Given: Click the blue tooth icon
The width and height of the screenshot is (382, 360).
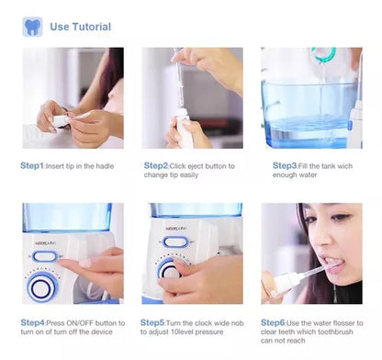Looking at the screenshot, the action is pos(32,27).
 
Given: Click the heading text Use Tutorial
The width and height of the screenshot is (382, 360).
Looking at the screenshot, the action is pos(81,27).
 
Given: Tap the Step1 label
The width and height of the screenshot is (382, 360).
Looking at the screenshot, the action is pos(32,165).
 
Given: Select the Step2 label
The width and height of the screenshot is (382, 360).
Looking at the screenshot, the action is pos(156,165).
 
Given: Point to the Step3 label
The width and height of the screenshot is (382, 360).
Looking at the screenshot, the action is pos(285,165).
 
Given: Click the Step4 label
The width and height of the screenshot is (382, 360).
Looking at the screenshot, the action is pos(33,322).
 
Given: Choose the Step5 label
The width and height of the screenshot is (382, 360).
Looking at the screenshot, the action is pos(152,322).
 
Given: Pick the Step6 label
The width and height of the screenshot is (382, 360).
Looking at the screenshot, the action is pos(273,322).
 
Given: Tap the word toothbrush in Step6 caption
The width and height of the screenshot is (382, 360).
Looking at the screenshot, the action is pos(335,332).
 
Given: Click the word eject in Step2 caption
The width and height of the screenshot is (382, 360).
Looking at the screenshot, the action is pos(195,166).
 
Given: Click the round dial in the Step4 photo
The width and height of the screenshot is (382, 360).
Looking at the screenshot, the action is pos(42,287).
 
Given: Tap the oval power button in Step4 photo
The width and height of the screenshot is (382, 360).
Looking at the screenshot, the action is pos(45,256).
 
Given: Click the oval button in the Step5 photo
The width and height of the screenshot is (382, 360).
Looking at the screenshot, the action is pos(174,242).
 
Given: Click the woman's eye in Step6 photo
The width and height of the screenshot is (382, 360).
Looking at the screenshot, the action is pos(339,218).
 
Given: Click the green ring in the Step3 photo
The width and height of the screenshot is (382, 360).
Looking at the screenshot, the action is pos(323,54).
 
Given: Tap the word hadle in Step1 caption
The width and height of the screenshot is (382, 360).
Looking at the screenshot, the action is pos(105,166).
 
